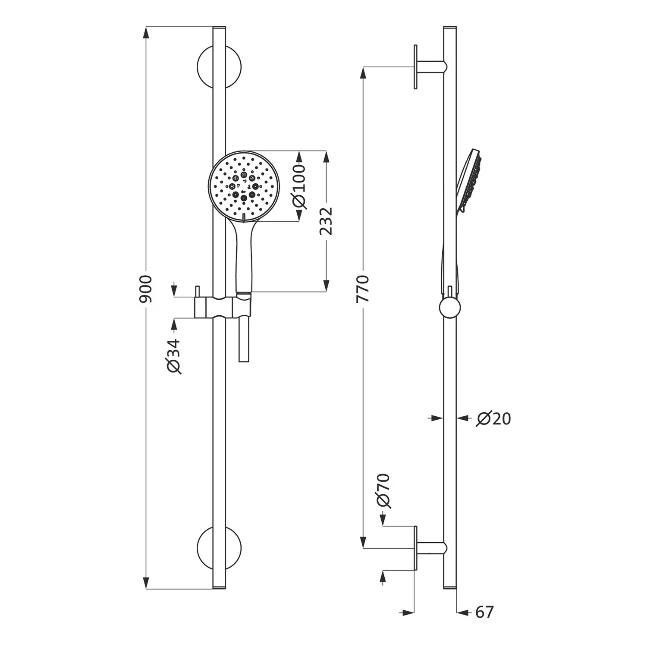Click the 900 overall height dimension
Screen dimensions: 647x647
[x=146, y=288]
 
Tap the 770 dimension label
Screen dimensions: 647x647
[x=363, y=288]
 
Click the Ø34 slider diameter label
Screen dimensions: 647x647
[x=173, y=356]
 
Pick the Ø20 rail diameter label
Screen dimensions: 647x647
[x=493, y=418]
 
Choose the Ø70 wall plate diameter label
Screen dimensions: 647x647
[x=383, y=491]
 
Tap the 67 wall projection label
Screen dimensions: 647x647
[x=484, y=612]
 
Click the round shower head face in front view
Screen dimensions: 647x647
[x=244, y=186]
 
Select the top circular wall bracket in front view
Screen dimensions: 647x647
[x=219, y=67]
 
